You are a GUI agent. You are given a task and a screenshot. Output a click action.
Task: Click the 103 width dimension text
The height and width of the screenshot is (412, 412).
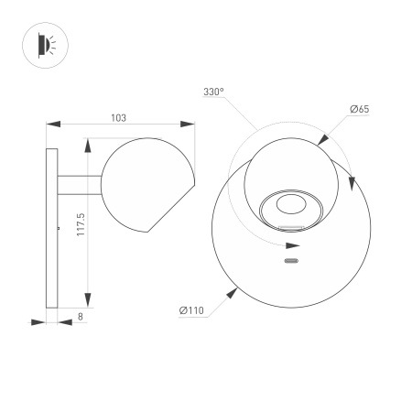(118, 117)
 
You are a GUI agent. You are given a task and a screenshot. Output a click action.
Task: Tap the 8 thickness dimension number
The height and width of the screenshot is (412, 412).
(81, 316)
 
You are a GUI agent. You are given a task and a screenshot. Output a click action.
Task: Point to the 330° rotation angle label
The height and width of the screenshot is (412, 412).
(213, 92)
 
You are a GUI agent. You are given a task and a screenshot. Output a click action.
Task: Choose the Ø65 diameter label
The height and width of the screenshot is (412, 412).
(358, 110)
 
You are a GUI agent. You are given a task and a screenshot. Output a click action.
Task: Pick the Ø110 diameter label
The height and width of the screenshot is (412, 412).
(191, 312)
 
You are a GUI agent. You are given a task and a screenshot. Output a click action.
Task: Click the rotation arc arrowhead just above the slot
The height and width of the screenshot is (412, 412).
(292, 245)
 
